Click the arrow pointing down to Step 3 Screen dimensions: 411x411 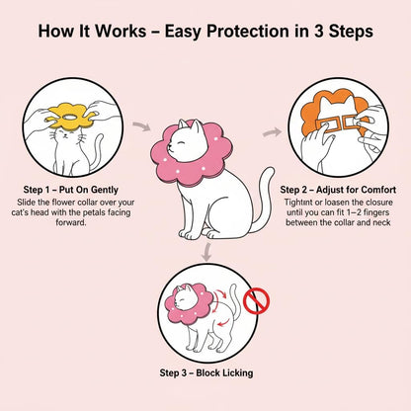click(205, 255)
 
